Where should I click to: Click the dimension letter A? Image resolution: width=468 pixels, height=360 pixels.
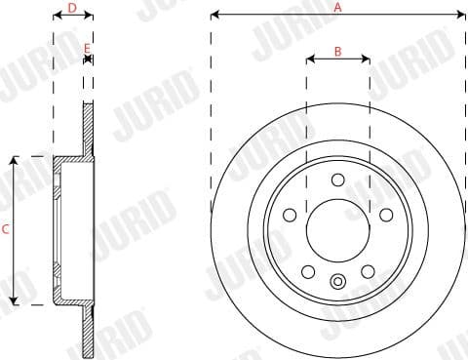coord(338,6)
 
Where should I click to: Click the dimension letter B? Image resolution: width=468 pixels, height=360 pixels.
coord(338,51)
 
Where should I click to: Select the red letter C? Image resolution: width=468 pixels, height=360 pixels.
coord(6,230)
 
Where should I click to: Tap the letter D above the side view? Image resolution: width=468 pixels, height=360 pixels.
coord(72,7)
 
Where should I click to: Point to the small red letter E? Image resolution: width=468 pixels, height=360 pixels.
coord(88,47)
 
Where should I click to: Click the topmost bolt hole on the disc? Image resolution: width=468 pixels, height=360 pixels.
coord(337,180)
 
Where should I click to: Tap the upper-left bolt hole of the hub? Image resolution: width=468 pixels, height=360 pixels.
coord(290,216)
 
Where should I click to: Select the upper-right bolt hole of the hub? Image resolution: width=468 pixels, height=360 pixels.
coord(386,216)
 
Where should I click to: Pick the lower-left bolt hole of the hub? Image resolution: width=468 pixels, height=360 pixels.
coord(308,272)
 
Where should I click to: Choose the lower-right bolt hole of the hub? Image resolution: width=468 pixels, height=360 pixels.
coord(368,272)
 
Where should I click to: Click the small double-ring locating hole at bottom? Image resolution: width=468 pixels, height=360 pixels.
coord(337,283)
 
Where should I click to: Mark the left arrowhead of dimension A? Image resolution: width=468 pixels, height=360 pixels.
coord(214,15)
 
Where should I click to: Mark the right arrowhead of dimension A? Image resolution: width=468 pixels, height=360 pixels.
coord(462,15)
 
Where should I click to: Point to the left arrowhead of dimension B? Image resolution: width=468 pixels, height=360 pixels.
coord(310,60)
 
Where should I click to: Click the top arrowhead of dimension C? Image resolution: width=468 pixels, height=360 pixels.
coord(14,159)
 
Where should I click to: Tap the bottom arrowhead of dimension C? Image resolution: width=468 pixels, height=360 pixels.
coord(14,301)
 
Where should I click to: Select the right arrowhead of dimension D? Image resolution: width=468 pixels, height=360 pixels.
coord(90,17)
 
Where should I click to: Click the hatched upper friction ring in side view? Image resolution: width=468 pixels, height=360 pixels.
coord(89,127)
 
